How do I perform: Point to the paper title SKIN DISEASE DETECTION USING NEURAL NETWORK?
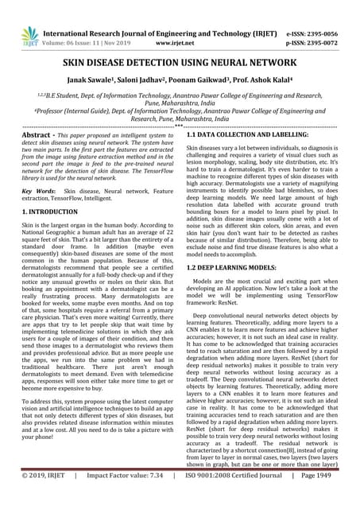[180, 61]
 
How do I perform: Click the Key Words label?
[38, 192]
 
